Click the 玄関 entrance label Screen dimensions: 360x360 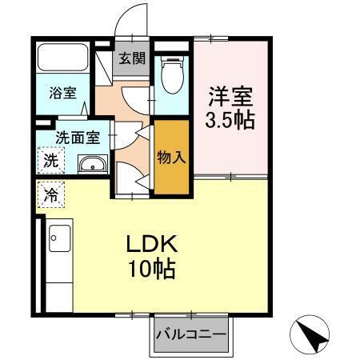(x=132, y=58)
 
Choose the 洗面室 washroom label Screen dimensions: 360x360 (x=77, y=137)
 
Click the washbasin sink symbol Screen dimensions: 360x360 (x=93, y=166)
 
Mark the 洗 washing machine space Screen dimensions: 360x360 (x=50, y=159)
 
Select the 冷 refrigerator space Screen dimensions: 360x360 (x=50, y=194)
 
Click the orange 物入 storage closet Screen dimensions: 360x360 (x=172, y=158)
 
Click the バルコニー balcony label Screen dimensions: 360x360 (x=190, y=333)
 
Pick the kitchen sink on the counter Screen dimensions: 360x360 (x=58, y=237)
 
